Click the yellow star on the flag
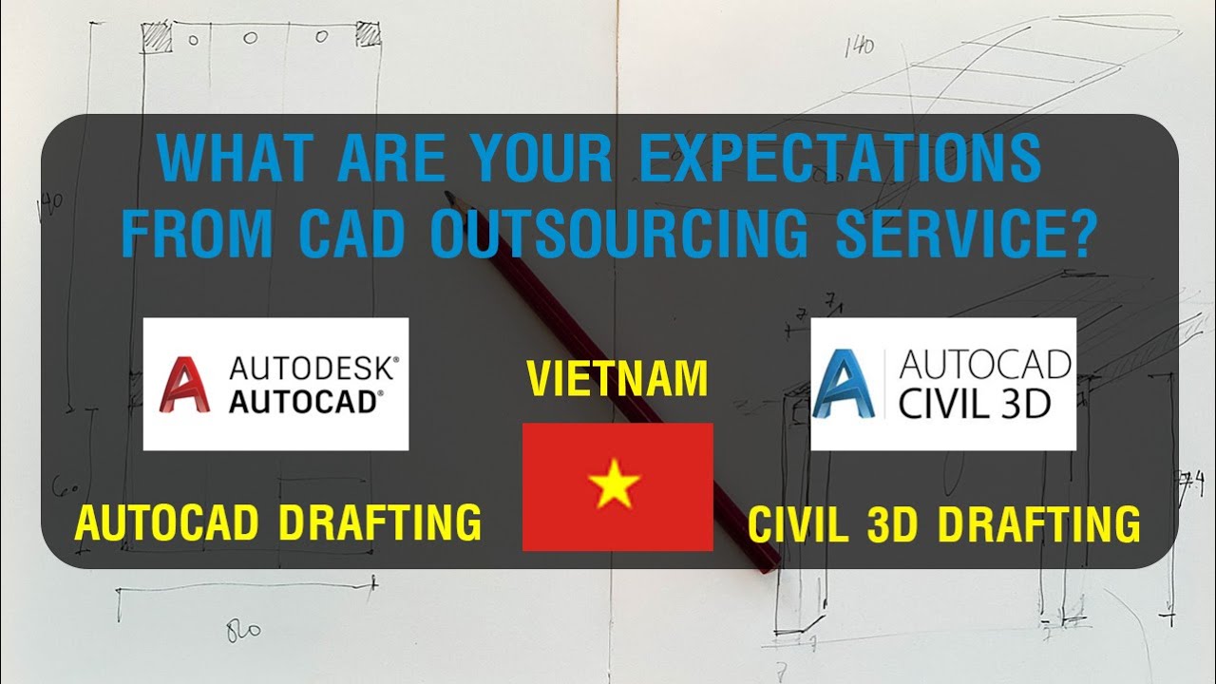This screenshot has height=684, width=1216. pyautogui.click(x=615, y=484)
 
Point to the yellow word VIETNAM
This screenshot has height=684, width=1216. pyautogui.click(x=617, y=379)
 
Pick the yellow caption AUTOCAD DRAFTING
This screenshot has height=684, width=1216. pyautogui.click(x=277, y=523)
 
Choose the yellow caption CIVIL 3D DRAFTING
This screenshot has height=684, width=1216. pyautogui.click(x=943, y=525)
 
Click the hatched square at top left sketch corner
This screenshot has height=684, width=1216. pyautogui.click(x=156, y=37)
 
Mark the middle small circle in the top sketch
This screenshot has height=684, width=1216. pyautogui.click(x=251, y=38)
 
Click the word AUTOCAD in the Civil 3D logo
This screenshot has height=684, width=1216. pyautogui.click(x=984, y=364)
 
